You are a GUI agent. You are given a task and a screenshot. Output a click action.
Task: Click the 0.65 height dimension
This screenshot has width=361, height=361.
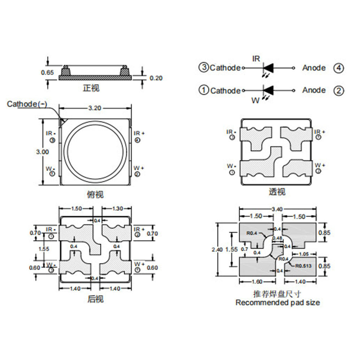(x=47, y=72)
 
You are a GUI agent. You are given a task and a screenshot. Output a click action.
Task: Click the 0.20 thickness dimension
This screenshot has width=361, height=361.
(x=156, y=78)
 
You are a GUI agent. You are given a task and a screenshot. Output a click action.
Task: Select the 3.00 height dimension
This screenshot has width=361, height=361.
(x=43, y=152)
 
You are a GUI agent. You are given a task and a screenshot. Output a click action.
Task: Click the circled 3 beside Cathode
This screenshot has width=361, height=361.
(x=204, y=68)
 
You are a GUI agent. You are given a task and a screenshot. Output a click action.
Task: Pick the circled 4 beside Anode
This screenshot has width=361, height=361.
(x=338, y=68)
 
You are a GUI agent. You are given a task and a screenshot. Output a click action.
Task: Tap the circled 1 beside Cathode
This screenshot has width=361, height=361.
(x=204, y=90)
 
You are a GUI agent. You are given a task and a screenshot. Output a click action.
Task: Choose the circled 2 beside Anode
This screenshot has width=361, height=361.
(x=338, y=90)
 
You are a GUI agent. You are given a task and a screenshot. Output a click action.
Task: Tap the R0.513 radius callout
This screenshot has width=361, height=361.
(x=304, y=266)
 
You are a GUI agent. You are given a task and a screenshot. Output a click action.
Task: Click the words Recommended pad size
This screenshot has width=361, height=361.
(x=277, y=303)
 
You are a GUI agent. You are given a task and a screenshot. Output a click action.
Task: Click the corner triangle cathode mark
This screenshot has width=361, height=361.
(x=62, y=121)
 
